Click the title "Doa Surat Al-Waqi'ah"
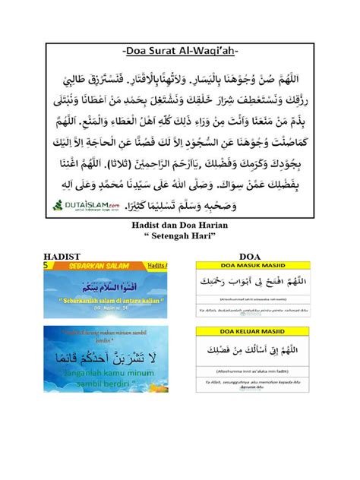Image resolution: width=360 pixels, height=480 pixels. pyautogui.click(x=179, y=51)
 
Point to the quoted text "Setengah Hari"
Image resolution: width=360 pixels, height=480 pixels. pyautogui.click(x=179, y=238)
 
